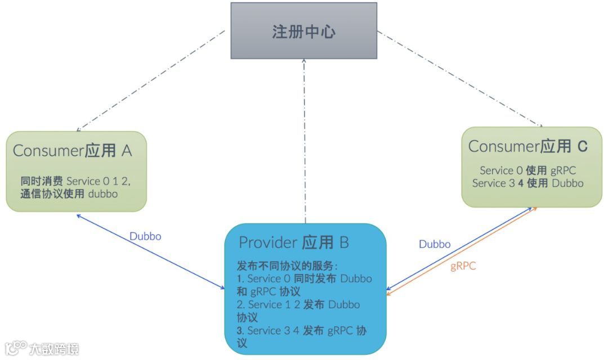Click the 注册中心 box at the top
[x=304, y=30]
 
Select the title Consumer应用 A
[x=72, y=150]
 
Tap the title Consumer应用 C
[x=528, y=146]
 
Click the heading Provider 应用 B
[x=294, y=242]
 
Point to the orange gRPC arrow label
[x=463, y=266]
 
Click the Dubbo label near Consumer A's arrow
[x=145, y=236]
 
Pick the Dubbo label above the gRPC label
[x=435, y=244]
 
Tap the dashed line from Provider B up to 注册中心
[x=305, y=141]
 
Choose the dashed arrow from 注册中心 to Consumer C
[x=459, y=79]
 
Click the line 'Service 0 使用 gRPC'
[x=528, y=170]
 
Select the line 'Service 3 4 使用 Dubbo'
[x=528, y=183]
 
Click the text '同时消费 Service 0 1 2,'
[x=76, y=181]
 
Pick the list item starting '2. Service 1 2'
[x=298, y=310]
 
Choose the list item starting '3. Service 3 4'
[x=301, y=336]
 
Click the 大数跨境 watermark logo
[x=42, y=348]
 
